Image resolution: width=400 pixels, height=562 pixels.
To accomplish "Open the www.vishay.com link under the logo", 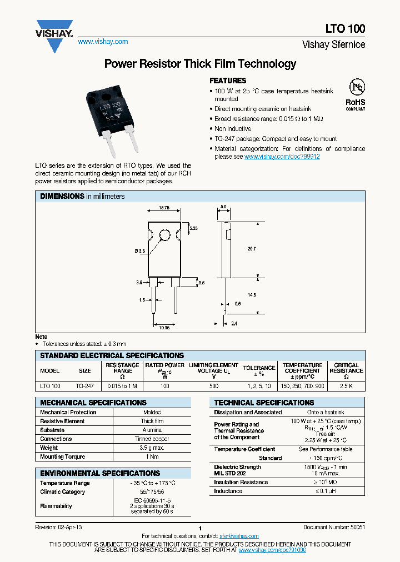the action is [x=103, y=42].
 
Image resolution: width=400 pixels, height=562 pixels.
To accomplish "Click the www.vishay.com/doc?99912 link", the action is [x=282, y=157].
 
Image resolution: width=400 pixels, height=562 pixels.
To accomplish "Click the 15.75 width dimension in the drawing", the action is [x=164, y=208].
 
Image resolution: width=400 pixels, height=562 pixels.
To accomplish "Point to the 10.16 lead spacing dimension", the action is [x=164, y=328].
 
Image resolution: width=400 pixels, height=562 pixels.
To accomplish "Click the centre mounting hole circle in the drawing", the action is [x=164, y=234].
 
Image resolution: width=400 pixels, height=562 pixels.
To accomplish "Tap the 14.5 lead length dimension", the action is [x=251, y=295].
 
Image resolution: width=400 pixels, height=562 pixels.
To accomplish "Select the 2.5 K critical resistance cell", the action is [x=346, y=385].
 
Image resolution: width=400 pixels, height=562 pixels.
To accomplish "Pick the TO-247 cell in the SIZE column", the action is [x=84, y=385].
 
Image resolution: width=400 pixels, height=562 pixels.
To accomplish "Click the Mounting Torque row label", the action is [x=63, y=456].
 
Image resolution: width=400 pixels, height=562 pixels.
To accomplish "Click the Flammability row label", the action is [x=56, y=506].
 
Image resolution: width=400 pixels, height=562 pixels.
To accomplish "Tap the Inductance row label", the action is [x=228, y=491].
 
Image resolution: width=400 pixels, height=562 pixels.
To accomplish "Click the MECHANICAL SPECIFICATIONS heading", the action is [x=93, y=403].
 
